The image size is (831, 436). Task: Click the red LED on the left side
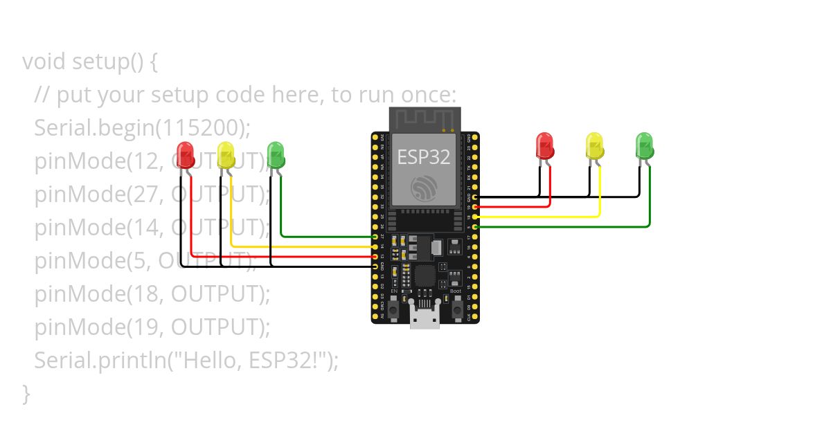point(185,154)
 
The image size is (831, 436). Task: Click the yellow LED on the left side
point(226,154)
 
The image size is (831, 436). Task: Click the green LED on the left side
point(276,154)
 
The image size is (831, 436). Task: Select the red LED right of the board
point(545,145)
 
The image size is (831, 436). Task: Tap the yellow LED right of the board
point(594,145)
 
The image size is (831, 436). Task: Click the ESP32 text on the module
point(424,157)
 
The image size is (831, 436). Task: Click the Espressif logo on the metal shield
point(424,188)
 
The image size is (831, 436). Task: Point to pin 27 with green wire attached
point(375,237)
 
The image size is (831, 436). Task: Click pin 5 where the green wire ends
point(474,226)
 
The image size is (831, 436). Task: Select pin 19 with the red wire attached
point(474,206)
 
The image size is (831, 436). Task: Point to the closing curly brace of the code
point(26,393)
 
